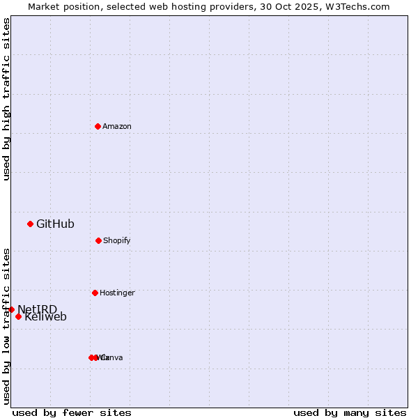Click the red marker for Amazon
(x=98, y=126)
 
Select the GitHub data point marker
(x=30, y=224)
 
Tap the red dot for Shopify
(x=98, y=240)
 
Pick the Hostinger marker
(x=95, y=293)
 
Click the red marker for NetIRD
(x=11, y=309)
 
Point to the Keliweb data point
(x=18, y=316)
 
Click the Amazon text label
(x=117, y=127)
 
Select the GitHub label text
(x=55, y=224)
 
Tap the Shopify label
(x=117, y=241)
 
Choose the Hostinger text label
(x=117, y=293)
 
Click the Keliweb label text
(x=46, y=318)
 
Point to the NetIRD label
(x=38, y=309)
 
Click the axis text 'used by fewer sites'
(x=72, y=412)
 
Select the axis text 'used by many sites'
(x=350, y=412)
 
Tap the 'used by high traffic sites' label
(x=7, y=99)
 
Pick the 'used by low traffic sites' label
(x=7, y=326)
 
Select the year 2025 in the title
(x=296, y=7)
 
